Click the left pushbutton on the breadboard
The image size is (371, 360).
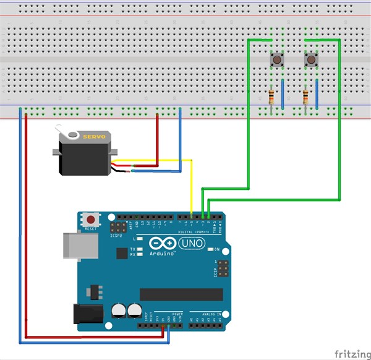coord(277,60)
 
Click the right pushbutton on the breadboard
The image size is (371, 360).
coord(311,60)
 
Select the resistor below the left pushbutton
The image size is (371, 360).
coord(271,96)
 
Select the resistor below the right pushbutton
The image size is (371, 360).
coord(305,96)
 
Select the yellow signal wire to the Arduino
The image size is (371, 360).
coord(192,186)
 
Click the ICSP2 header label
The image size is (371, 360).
coord(116,236)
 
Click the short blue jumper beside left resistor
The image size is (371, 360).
coord(283,94)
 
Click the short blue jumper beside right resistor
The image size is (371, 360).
coord(316,94)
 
